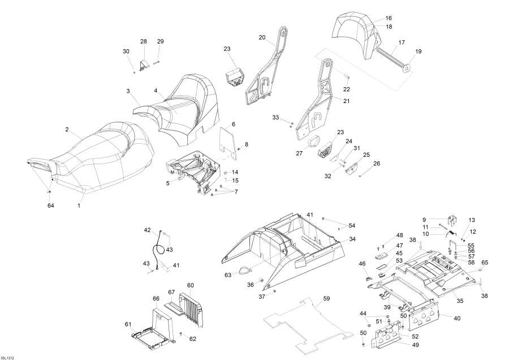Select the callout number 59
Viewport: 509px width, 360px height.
coord(326,298)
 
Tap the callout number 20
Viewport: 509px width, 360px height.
coord(262,37)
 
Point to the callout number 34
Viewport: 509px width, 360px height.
coord(352,239)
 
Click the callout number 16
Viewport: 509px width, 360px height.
coord(389,18)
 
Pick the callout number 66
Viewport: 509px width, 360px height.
coord(156,298)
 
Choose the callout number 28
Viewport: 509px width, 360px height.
coord(143,41)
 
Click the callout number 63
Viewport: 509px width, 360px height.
coord(227,275)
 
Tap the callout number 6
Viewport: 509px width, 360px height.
coord(233,124)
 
